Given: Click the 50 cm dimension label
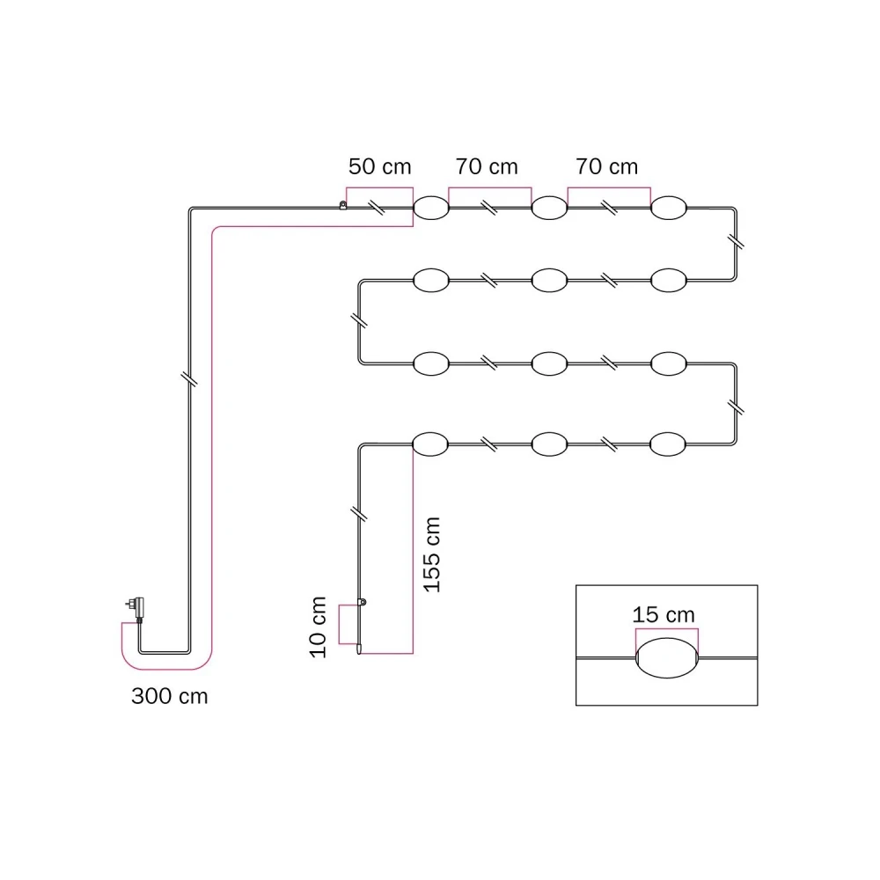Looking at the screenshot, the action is (380, 166).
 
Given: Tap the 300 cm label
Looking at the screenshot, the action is (170, 696).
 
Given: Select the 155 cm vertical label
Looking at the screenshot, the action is (431, 554).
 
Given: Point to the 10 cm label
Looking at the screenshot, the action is (318, 627).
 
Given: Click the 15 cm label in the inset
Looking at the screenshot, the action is (664, 614).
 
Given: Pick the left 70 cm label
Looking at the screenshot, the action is (487, 166).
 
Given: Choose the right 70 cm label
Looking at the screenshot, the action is (606, 166).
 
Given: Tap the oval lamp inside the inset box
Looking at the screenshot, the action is (667, 657).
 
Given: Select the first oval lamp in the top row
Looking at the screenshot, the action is (431, 208).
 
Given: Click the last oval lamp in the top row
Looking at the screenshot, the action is (669, 208).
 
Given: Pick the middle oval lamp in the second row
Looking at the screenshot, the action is (549, 280).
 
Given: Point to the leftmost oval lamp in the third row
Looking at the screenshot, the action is (431, 363).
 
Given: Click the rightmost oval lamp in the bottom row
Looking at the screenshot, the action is (668, 444).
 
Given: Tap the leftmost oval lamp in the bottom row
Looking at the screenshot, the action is (430, 444).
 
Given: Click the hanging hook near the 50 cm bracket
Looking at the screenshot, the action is (343, 205).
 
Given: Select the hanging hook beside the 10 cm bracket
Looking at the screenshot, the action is (362, 602).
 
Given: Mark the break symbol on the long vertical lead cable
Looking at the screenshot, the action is (190, 378).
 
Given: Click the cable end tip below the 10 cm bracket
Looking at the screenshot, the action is (359, 653).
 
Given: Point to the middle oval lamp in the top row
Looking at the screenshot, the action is (549, 208).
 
